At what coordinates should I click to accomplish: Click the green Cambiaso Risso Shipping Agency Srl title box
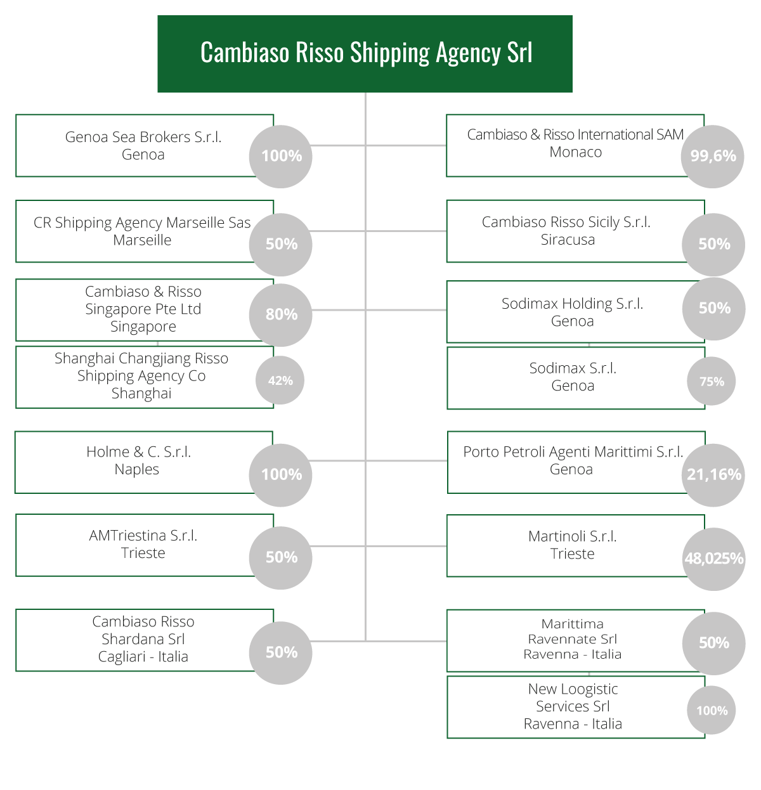pyautogui.click(x=365, y=54)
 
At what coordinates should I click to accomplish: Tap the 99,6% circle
pyautogui.click(x=712, y=157)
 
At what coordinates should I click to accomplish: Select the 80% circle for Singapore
pyautogui.click(x=280, y=314)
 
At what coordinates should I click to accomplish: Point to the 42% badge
pyautogui.click(x=280, y=380)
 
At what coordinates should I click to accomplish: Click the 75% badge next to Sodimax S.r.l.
pyautogui.click(x=711, y=381)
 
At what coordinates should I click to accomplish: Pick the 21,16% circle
pyautogui.click(x=713, y=475)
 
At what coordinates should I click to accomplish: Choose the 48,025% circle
pyautogui.click(x=713, y=559)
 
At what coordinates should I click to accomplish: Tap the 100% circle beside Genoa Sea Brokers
pyautogui.click(x=280, y=157)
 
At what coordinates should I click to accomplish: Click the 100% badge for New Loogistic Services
pyautogui.click(x=711, y=710)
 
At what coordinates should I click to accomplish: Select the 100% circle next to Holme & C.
pyautogui.click(x=280, y=475)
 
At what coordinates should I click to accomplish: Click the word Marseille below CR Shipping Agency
pyautogui.click(x=142, y=240)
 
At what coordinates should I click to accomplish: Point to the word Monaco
pyautogui.click(x=575, y=152)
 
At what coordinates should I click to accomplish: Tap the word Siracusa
pyautogui.click(x=568, y=240)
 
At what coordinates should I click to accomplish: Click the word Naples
pyautogui.click(x=137, y=469)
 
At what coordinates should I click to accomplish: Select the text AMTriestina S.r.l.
pyautogui.click(x=143, y=536)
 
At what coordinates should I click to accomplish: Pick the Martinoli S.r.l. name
pyautogui.click(x=572, y=536)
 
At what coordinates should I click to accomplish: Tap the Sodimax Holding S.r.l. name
pyautogui.click(x=572, y=304)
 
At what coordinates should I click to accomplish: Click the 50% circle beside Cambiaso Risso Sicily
pyautogui.click(x=713, y=244)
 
